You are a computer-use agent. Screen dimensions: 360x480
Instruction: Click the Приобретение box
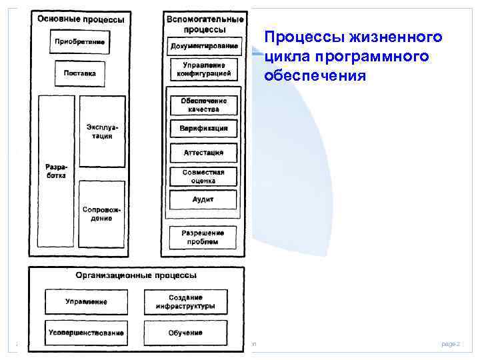79,43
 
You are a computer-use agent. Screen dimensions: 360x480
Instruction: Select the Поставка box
79,73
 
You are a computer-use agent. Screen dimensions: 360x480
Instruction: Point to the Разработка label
55,170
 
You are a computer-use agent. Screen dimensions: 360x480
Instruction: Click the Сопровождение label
102,213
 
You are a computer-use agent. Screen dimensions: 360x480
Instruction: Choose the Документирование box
204,46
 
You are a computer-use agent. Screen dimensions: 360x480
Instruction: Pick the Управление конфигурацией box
204,69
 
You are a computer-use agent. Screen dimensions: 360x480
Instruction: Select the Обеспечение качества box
204,105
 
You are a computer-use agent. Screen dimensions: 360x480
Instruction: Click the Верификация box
204,128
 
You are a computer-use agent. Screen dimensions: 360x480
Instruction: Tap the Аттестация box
204,152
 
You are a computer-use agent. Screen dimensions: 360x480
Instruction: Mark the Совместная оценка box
204,176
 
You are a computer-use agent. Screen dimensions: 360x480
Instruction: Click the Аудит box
203,199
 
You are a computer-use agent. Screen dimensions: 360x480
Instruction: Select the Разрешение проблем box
203,237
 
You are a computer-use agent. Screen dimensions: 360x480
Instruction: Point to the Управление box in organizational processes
86,302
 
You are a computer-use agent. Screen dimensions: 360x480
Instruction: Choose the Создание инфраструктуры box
185,302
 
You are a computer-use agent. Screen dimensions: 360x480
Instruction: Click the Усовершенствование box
86,332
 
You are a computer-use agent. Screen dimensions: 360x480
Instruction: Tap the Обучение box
185,332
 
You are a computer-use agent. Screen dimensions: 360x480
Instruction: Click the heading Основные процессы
81,19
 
